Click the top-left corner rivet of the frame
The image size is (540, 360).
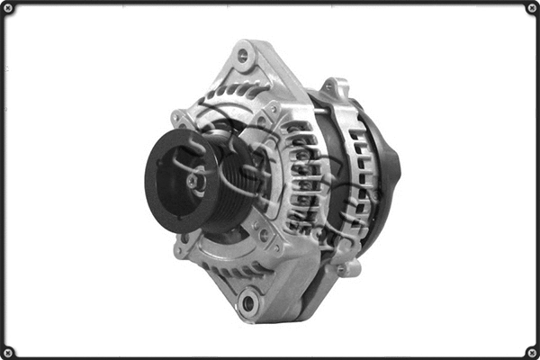(x=9, y=9)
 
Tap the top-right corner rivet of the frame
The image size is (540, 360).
(x=531, y=9)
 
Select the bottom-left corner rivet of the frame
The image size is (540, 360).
(x=9, y=351)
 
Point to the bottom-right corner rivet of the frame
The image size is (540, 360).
(x=531, y=351)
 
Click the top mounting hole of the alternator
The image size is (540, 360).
(x=243, y=55)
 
